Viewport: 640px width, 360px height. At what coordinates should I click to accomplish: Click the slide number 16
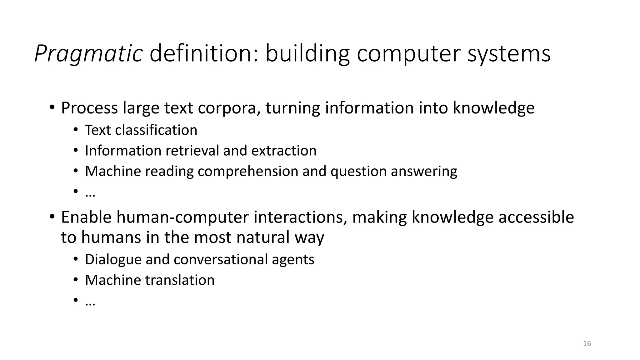[587, 344]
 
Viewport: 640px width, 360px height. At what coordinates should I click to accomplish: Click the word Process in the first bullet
[89, 108]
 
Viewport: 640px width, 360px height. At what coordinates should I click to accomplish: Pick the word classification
[156, 130]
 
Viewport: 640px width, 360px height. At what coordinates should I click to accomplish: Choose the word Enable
[86, 217]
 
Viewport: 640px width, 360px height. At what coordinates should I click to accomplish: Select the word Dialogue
[113, 259]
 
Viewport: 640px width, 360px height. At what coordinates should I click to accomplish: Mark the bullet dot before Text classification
[75, 130]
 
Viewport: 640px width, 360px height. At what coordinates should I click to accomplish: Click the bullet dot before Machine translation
[75, 280]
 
